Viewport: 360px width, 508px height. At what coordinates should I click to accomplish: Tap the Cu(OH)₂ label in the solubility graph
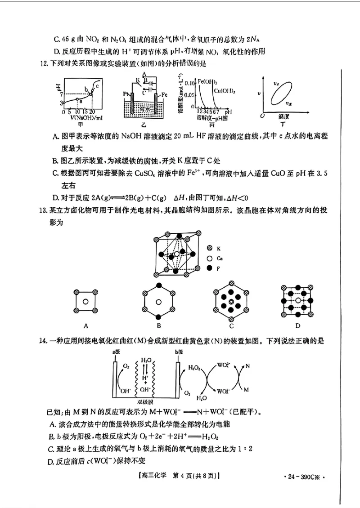(x=223, y=91)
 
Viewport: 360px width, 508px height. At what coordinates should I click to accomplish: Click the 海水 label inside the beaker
(x=144, y=108)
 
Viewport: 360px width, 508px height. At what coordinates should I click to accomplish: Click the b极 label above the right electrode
(x=180, y=352)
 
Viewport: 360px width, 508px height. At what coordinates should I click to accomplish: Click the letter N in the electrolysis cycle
(x=247, y=366)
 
